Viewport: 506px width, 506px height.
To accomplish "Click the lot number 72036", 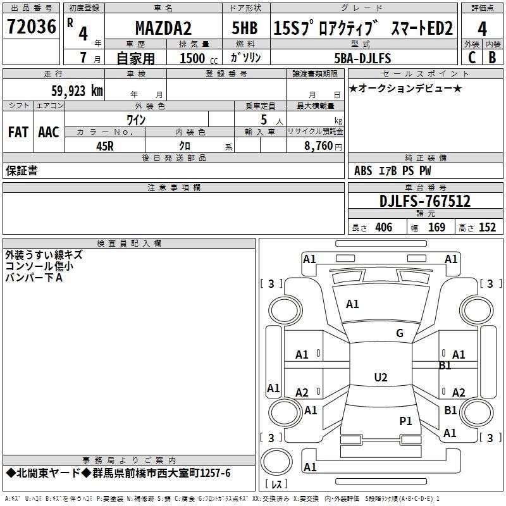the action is click(x=31, y=26).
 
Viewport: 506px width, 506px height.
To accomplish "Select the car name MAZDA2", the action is click(x=163, y=28).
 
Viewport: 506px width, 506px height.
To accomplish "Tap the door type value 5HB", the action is click(x=245, y=28).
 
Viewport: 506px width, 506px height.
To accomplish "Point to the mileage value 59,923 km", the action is click(x=77, y=91).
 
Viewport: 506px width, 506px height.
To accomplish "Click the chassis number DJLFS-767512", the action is click(x=425, y=201).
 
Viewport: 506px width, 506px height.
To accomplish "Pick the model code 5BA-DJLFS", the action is click(x=362, y=58).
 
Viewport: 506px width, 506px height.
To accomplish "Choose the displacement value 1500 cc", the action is click(x=199, y=58).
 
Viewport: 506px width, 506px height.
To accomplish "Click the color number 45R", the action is click(x=105, y=146).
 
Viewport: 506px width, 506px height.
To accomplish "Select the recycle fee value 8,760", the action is click(x=318, y=145).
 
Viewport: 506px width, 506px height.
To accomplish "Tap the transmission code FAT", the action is click(x=18, y=132).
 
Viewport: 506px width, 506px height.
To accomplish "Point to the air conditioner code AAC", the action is click(x=49, y=132).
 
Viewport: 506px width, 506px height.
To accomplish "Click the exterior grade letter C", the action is click(x=472, y=58).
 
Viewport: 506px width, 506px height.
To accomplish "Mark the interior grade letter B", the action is click(x=492, y=58).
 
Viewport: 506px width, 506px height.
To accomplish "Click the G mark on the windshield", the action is click(x=400, y=333).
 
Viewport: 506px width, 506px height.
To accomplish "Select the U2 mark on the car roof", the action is click(x=381, y=377).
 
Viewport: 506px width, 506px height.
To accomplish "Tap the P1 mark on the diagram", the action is click(x=405, y=421).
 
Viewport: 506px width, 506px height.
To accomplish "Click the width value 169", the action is click(x=436, y=227).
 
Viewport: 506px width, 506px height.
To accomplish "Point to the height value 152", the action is click(x=487, y=227).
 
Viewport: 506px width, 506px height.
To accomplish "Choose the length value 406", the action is click(x=384, y=227).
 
